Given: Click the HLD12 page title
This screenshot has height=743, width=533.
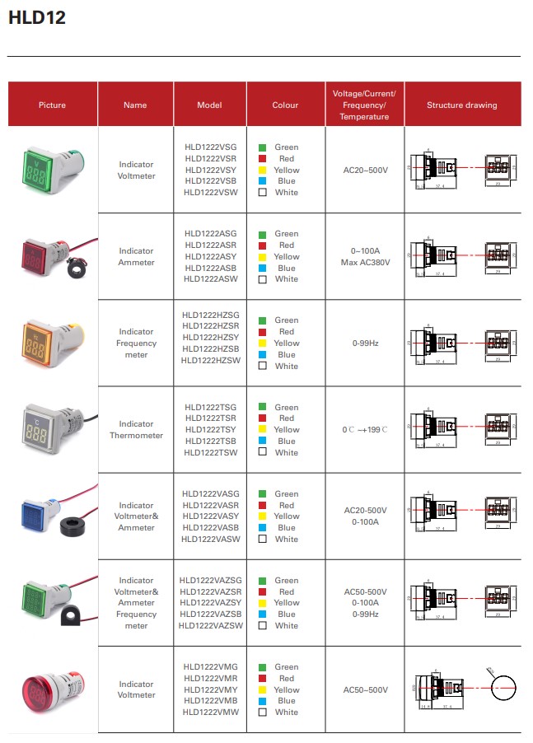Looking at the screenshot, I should click(37, 18).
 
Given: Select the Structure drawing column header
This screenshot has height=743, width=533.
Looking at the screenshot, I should click(461, 105).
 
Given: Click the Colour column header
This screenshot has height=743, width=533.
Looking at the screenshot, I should click(285, 105).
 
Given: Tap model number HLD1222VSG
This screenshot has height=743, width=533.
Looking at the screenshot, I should click(211, 147).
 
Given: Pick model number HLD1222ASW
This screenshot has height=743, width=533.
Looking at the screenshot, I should click(211, 279).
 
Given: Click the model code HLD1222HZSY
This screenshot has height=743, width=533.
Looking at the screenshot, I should click(211, 343).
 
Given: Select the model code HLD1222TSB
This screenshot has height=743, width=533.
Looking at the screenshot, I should click(211, 442).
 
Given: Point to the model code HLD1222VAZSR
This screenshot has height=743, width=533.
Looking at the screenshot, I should click(211, 592).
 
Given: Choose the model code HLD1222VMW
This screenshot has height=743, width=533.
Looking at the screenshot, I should click(211, 713).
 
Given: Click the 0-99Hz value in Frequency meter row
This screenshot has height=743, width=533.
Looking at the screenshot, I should click(366, 343).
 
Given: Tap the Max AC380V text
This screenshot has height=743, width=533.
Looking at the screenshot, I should click(366, 262).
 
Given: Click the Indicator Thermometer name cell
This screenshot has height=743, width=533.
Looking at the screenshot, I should click(136, 430).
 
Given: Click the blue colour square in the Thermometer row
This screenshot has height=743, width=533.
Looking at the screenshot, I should click(263, 442).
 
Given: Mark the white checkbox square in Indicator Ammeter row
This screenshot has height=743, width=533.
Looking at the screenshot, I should click(263, 279).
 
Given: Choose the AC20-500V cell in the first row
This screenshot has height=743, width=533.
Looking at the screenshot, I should click(366, 171).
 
